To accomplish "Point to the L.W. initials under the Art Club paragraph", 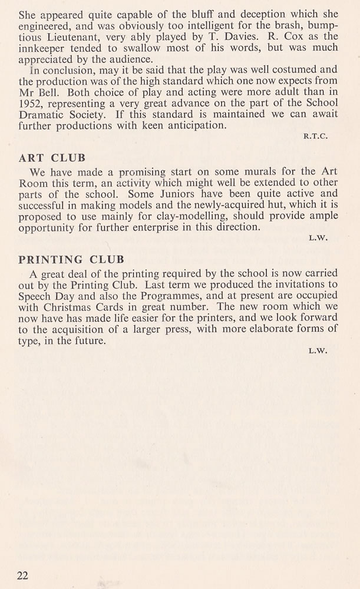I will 318,238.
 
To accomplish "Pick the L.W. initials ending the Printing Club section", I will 318,350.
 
